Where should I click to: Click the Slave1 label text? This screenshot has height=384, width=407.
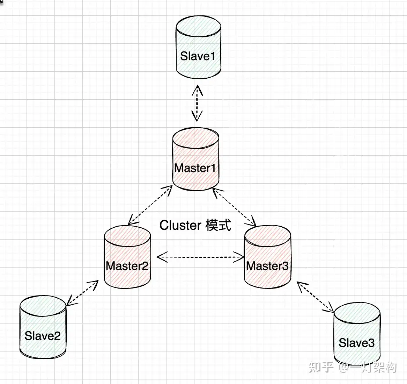click(x=198, y=56)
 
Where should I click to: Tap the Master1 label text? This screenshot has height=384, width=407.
click(x=195, y=168)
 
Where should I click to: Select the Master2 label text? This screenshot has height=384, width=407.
click(x=127, y=266)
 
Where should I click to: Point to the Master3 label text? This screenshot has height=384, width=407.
click(x=267, y=266)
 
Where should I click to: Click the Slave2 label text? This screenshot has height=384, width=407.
click(x=43, y=336)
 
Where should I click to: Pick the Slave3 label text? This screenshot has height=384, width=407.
click(x=356, y=343)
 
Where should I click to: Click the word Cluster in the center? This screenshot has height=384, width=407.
click(x=180, y=225)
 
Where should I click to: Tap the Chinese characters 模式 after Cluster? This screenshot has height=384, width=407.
click(x=219, y=225)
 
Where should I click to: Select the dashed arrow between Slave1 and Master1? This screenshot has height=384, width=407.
click(x=197, y=103)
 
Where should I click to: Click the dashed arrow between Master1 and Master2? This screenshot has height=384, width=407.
click(x=150, y=205)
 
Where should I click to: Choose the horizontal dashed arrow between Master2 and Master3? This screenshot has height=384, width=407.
click(x=200, y=258)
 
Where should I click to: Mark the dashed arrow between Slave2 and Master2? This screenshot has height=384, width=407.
click(x=82, y=293)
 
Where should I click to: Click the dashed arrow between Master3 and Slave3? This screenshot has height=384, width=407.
click(x=316, y=297)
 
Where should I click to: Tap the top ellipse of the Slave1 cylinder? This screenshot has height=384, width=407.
click(x=198, y=27)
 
